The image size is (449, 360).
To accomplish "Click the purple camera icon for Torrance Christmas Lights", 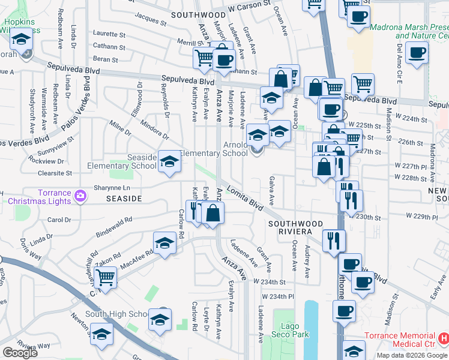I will coord(80,195).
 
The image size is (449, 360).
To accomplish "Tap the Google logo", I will coord(20,353).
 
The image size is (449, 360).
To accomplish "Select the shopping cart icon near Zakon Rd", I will coord(106,277).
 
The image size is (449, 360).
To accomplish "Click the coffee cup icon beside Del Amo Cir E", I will coord(416,52).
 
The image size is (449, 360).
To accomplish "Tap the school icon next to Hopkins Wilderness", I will coord(21,40).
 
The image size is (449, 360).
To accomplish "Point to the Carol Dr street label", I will coord(59,220).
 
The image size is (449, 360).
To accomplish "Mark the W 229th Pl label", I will coord(420,215).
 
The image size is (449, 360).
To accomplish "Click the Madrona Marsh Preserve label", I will coord(409,31).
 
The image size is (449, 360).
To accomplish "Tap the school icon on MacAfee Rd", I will coord(164,243).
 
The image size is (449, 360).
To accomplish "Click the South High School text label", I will coord(116,314).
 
